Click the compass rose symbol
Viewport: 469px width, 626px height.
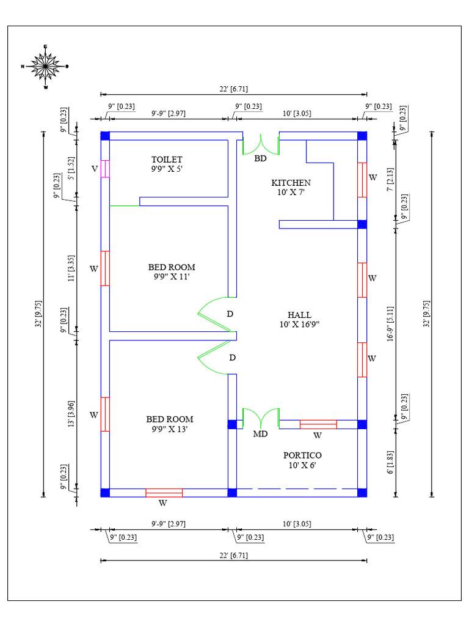coord(45,66)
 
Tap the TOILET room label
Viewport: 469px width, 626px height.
coord(167,164)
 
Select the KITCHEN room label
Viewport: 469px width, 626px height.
coord(291,187)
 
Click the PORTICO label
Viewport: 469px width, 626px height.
coord(302,460)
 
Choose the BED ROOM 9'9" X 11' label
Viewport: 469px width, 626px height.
coord(172,271)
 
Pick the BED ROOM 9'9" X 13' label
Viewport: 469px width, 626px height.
coord(170,424)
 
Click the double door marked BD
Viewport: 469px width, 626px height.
coord(261,144)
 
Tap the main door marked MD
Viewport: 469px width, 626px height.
coord(261,419)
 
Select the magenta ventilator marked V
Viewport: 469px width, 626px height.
coord(105,169)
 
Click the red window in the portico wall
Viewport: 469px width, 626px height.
coord(318,424)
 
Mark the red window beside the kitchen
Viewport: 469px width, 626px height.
coord(362,180)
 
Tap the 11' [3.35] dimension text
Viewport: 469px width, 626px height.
coord(71,268)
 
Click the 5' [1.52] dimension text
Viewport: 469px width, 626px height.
coord(71,166)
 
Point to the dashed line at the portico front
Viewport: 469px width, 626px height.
coord(297,489)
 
